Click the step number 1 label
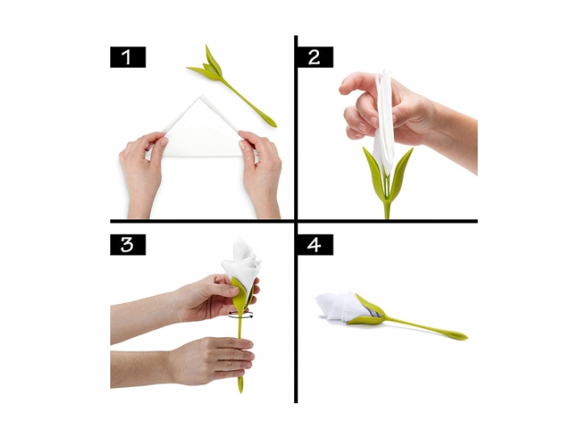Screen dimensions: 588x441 point(127,57)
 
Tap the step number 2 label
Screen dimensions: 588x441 point(314,57)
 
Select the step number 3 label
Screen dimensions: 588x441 point(127,245)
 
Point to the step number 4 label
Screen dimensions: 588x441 point(314,245)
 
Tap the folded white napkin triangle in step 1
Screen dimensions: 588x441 point(202,130)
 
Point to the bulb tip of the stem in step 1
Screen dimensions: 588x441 point(270,121)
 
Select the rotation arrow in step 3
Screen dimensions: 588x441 point(242,314)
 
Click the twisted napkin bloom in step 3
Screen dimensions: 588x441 point(242,264)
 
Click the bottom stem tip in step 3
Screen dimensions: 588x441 point(240,386)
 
